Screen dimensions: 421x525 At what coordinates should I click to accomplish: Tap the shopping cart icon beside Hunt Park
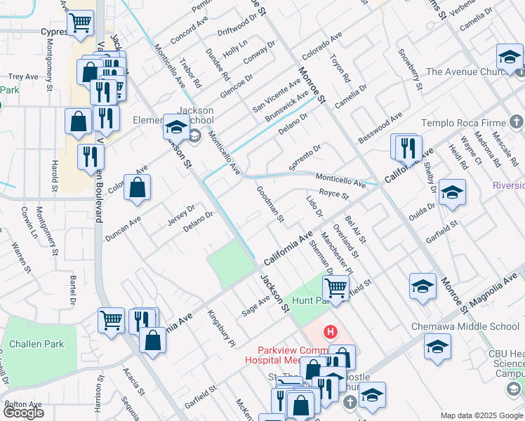(336, 288)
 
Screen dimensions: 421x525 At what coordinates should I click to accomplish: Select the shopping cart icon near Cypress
(81, 23)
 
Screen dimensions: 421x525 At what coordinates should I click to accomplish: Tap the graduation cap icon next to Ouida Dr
(452, 193)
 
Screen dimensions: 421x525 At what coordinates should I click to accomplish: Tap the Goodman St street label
(270, 204)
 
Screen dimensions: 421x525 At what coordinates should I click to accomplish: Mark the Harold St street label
(54, 175)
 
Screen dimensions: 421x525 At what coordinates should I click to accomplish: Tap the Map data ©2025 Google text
(481, 415)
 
